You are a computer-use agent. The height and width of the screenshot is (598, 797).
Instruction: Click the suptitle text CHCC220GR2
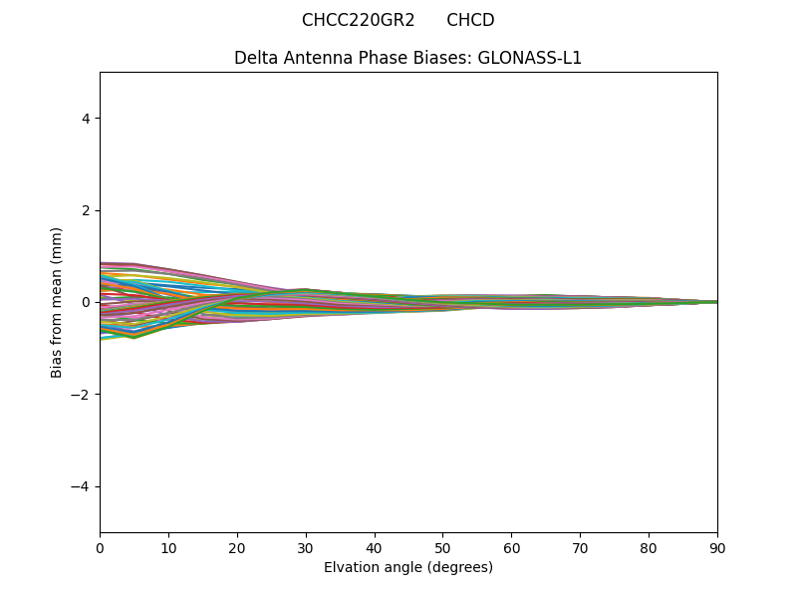coord(358,20)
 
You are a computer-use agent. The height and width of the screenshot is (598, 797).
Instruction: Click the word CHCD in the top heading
coord(470,20)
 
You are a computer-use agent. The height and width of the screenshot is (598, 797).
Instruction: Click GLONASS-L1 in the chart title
coord(529,58)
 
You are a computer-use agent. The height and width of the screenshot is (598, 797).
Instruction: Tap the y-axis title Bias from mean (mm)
coord(57,302)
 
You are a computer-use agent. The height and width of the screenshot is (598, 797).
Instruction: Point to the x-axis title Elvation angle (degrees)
coord(408,567)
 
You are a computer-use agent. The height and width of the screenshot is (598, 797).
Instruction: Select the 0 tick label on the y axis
coord(87,302)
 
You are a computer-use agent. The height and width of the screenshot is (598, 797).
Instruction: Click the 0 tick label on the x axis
coord(100,547)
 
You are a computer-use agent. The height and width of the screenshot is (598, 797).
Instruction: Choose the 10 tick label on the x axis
coord(168,547)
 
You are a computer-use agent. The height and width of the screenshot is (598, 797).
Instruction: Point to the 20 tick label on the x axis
coord(237,547)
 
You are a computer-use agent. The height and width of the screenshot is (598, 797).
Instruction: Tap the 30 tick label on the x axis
coord(306,547)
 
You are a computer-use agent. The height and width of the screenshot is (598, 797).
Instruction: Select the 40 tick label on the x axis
coord(375,547)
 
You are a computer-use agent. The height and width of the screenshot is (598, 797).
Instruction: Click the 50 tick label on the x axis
coord(442,547)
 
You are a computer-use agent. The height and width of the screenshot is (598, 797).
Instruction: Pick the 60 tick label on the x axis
coord(511,547)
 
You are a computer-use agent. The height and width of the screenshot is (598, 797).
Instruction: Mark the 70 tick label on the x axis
coord(580,547)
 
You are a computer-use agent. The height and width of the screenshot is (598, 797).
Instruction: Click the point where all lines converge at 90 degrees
coord(716,302)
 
